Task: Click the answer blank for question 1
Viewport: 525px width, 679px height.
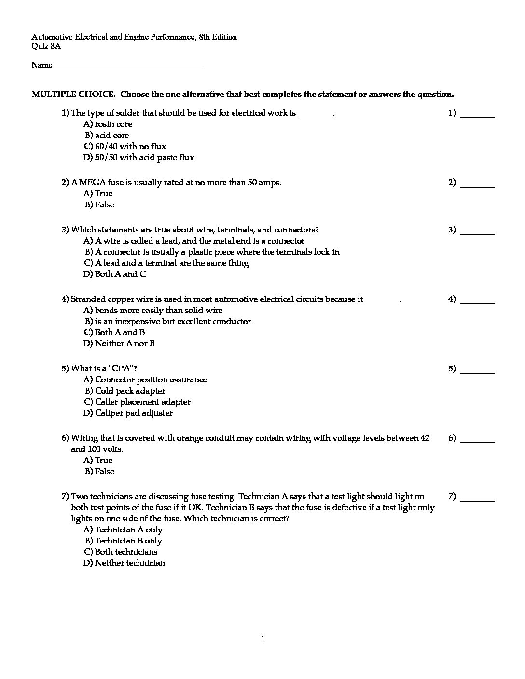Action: [478, 115]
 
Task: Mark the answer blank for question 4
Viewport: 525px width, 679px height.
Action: [478, 301]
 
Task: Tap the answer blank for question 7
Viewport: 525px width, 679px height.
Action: [478, 498]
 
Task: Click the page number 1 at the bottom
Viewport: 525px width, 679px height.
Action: [262, 639]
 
